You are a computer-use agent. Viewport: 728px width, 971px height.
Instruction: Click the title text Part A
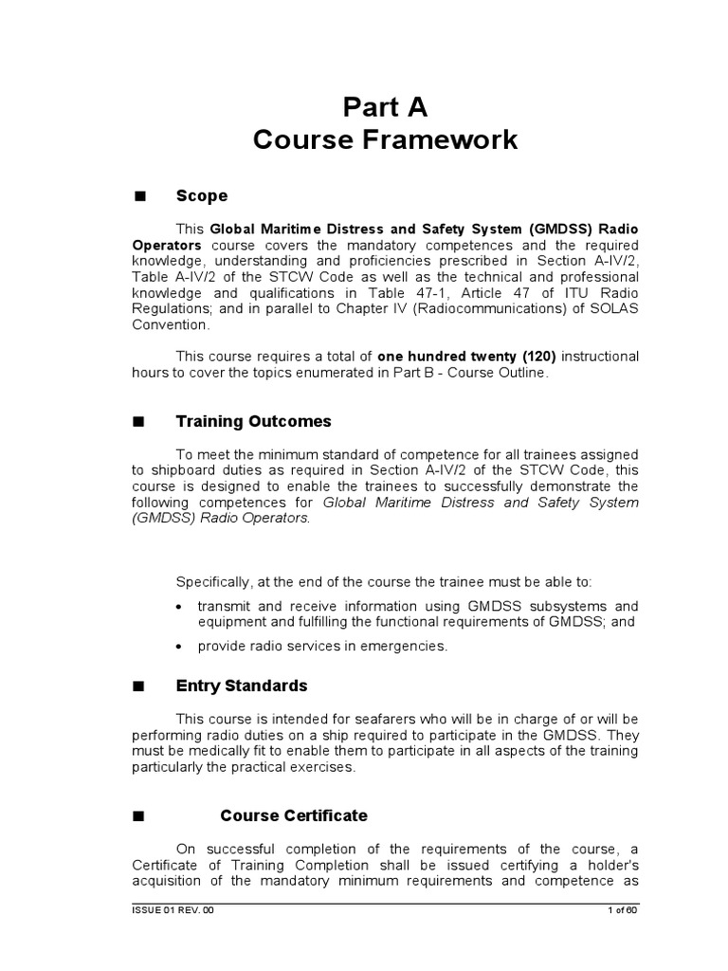(386, 104)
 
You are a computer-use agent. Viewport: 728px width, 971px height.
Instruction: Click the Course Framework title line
(386, 140)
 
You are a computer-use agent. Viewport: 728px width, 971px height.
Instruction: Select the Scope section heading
(202, 196)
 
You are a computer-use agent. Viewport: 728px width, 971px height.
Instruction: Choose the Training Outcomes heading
(253, 421)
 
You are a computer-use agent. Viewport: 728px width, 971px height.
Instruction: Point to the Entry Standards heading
(242, 686)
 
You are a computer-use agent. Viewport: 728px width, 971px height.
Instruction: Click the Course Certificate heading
(294, 815)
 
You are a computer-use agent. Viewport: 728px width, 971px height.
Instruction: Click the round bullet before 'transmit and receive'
(180, 607)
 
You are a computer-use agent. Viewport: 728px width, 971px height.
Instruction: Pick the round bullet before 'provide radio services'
(180, 647)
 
